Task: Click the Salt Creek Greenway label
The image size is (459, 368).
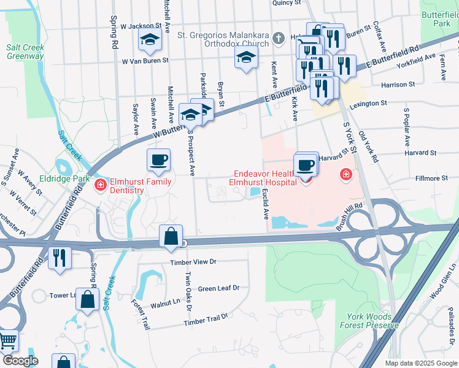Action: pyautogui.click(x=25, y=52)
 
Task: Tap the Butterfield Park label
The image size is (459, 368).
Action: pyautogui.click(x=438, y=18)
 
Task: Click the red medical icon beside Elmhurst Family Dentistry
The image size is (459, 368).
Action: pyautogui.click(x=101, y=183)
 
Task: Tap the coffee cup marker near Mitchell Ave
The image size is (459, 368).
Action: pyautogui.click(x=158, y=160)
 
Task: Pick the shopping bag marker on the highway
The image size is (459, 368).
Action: pyautogui.click(x=171, y=236)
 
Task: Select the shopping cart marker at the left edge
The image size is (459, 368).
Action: pyautogui.click(x=7, y=340)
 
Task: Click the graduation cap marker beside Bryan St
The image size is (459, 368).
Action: pyautogui.click(x=245, y=58)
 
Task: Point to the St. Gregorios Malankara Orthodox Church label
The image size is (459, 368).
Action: pyautogui.click(x=223, y=39)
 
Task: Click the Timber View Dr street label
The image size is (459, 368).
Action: pyautogui.click(x=193, y=261)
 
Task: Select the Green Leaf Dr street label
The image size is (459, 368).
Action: pyautogui.click(x=218, y=288)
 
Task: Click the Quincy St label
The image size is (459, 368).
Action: pyautogui.click(x=287, y=3)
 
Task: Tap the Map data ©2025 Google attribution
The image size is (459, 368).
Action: pyautogui.click(x=421, y=363)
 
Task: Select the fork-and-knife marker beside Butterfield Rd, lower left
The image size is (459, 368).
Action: pyautogui.click(x=60, y=257)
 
